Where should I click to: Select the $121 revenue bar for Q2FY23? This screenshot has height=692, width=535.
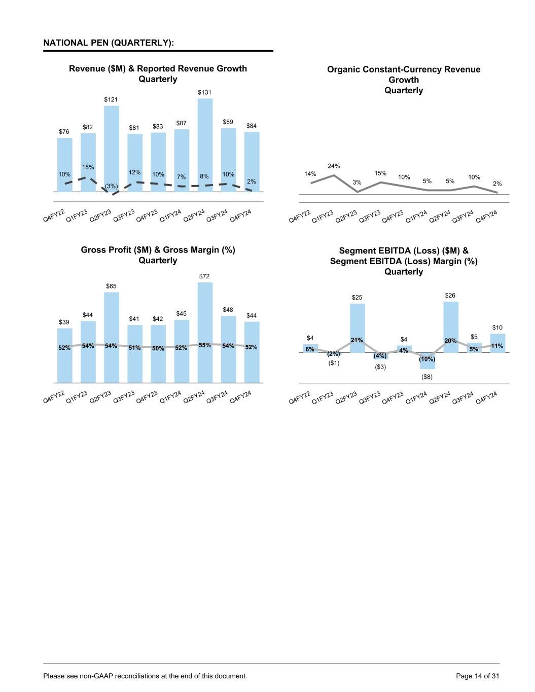pyautogui.click(x=112, y=147)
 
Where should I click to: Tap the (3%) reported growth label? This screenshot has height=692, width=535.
pyautogui.click(x=111, y=186)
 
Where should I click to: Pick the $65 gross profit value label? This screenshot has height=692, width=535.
pyautogui.click(x=111, y=286)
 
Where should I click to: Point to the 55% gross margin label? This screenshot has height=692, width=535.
pyautogui.click(x=205, y=345)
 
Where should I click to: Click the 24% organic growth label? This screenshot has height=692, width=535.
pyautogui.click(x=334, y=166)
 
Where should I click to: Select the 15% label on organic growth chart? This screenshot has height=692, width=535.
pyautogui.click(x=380, y=173)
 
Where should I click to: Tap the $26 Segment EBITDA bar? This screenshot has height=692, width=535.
pyautogui.click(x=451, y=324)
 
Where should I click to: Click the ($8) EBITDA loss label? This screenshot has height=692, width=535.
pyautogui.click(x=427, y=377)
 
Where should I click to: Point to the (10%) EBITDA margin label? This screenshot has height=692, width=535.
pyautogui.click(x=427, y=359)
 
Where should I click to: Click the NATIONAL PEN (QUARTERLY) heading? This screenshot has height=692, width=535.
pyautogui.click(x=109, y=43)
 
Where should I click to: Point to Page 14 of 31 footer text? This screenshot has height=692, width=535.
pyautogui.click(x=478, y=676)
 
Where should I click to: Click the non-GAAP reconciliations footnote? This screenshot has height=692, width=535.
pyautogui.click(x=146, y=676)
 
